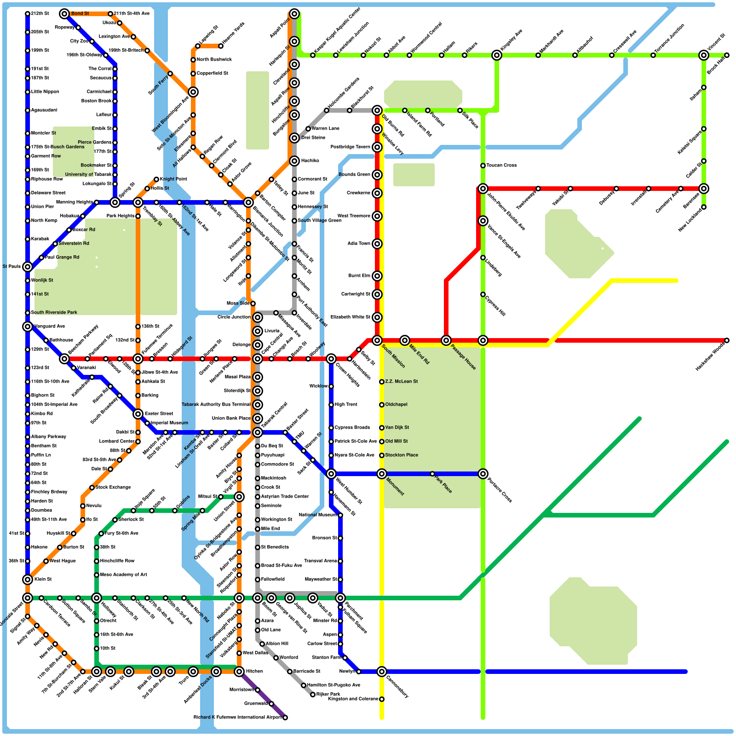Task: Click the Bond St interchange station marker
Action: click(x=64, y=14)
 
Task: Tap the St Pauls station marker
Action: click(x=28, y=267)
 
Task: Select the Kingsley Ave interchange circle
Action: click(x=497, y=55)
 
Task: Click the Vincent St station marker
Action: click(x=704, y=55)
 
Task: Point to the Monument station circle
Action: click(x=382, y=474)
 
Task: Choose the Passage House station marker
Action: click(x=446, y=340)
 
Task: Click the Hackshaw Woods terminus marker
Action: click(x=727, y=340)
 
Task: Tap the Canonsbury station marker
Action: click(x=382, y=672)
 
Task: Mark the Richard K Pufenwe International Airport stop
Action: click(x=285, y=718)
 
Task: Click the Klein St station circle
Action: click(x=28, y=580)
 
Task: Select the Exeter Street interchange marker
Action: click(x=138, y=414)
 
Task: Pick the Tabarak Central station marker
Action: click(x=258, y=432)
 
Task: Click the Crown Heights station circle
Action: click(x=331, y=359)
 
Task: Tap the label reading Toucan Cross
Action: click(x=501, y=165)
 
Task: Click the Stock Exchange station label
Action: click(x=113, y=487)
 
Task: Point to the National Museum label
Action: click(x=318, y=515)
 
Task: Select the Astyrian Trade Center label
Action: click(x=285, y=496)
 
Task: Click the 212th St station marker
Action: click(x=28, y=14)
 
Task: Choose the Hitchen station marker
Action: click(x=239, y=672)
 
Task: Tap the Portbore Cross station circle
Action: click(x=483, y=474)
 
